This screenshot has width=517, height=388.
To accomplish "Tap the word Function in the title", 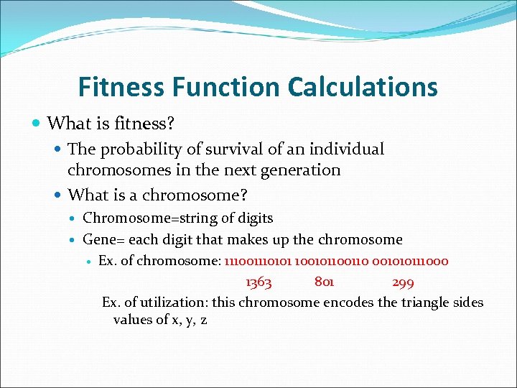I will pyautogui.click(x=228, y=87).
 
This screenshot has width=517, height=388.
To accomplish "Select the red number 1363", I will pyautogui.click(x=258, y=282).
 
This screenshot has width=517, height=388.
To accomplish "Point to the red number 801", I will pyautogui.click(x=324, y=282).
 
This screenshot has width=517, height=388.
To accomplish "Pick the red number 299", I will pyautogui.click(x=403, y=282).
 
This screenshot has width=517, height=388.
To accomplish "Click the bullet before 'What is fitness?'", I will pyautogui.click(x=37, y=124).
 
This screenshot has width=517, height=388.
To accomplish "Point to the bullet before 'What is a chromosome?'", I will pyautogui.click(x=57, y=195).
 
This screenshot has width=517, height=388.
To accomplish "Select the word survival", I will pyautogui.click(x=230, y=149).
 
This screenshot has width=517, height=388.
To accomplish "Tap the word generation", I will pyautogui.click(x=301, y=170).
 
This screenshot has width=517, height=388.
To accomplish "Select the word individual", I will pyautogui.click(x=348, y=149).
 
